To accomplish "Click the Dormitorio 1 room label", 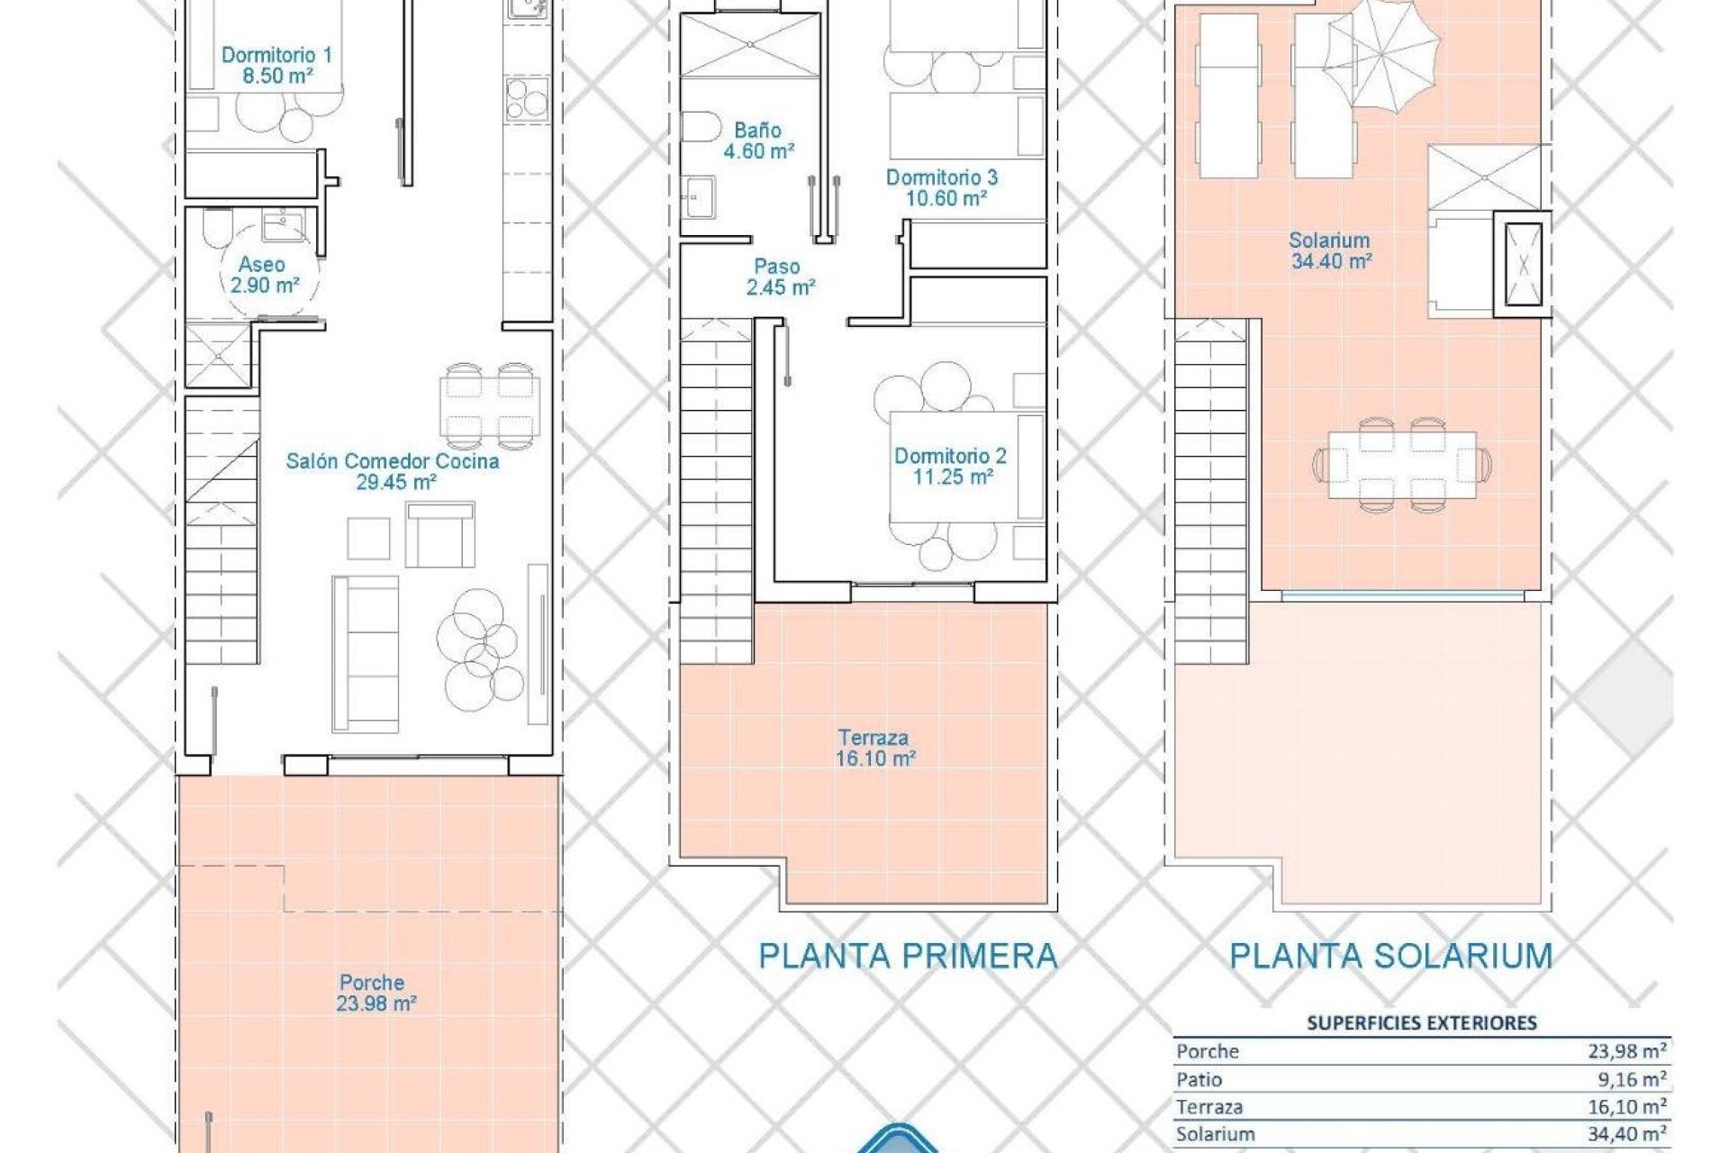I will click(276, 66).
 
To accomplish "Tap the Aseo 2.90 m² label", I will click(262, 275).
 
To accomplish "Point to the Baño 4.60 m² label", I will click(757, 141).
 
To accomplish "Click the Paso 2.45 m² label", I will click(779, 277).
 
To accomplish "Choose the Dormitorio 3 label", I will click(942, 187).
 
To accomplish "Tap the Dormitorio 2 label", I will click(951, 466).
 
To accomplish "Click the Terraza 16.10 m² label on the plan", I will click(874, 748).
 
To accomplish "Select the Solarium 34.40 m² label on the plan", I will click(1329, 250).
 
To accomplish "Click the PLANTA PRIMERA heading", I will click(908, 956).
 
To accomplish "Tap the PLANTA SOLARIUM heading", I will click(1391, 956).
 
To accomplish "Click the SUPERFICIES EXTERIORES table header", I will click(1422, 1022).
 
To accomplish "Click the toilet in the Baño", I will click(697, 127).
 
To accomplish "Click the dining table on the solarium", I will click(1401, 465).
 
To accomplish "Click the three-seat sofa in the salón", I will click(365, 652).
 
